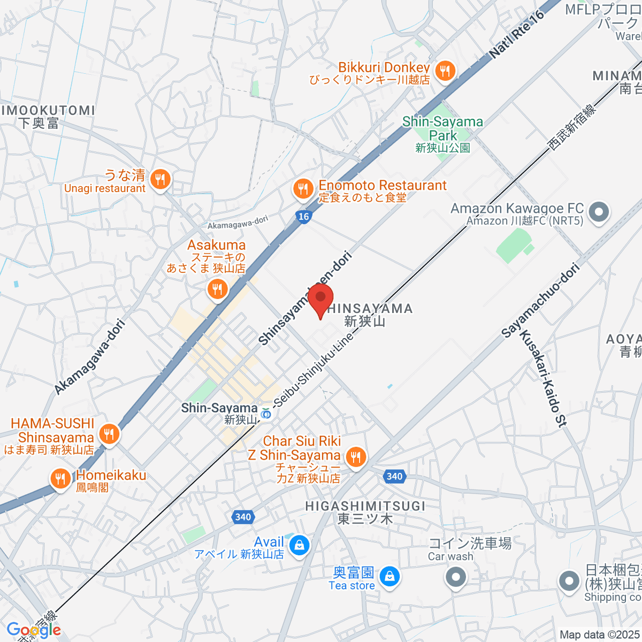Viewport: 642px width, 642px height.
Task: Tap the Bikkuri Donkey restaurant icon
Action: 445,71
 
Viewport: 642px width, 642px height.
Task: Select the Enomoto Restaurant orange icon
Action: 303,189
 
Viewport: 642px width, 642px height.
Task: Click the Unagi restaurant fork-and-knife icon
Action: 159,179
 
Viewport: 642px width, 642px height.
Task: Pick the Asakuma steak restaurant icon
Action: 217,290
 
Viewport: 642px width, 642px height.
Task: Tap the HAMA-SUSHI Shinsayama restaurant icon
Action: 109,433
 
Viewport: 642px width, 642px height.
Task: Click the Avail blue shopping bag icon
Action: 299,546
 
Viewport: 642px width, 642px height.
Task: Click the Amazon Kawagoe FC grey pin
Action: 599,212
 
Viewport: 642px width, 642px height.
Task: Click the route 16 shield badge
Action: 303,216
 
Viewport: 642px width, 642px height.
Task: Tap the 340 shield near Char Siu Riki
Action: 394,476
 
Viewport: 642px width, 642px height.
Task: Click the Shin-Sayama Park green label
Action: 442,128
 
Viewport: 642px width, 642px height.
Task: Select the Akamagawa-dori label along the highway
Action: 90,357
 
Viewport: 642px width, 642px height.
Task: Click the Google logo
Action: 34,630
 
